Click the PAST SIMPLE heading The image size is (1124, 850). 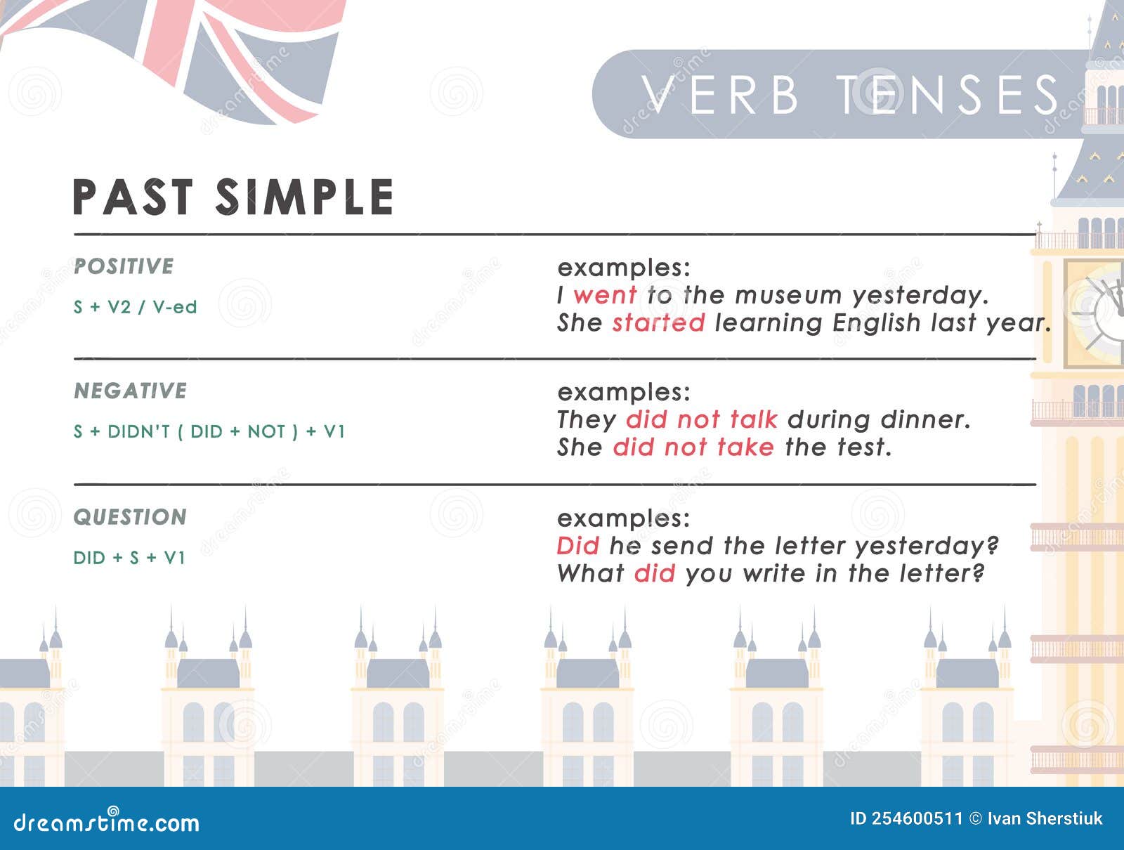[233, 197]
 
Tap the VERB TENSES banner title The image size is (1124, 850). [849, 95]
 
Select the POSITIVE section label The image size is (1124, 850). [124, 266]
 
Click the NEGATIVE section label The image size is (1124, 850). [131, 391]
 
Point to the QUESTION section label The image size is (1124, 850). [130, 516]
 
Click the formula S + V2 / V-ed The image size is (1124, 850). [135, 307]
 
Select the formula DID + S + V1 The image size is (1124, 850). [129, 557]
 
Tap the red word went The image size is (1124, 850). [606, 296]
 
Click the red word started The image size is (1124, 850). [659, 323]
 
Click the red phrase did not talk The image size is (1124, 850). [702, 419]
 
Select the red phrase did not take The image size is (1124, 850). [693, 447]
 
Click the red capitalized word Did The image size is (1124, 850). [578, 545]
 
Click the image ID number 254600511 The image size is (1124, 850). [917, 819]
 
